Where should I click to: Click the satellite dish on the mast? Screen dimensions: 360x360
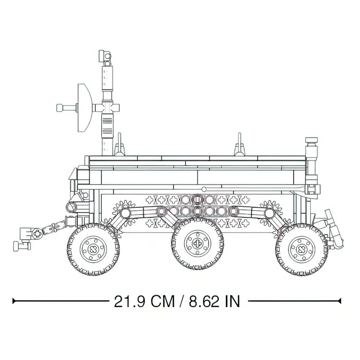[84, 108]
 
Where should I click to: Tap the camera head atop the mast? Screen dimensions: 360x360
[105, 56]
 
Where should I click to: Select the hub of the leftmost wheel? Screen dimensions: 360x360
[93, 249]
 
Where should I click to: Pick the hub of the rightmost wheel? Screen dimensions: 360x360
[302, 249]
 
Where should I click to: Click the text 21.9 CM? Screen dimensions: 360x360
[144, 301]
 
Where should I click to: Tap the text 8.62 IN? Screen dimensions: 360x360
[214, 301]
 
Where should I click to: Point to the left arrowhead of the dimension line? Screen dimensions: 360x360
[14, 301]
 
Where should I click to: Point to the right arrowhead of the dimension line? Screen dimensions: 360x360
[340, 301]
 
